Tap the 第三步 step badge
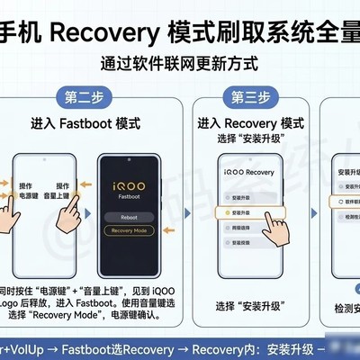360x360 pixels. (x=249, y=96)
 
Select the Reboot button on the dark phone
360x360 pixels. (x=129, y=217)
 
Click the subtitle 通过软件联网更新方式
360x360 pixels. (x=179, y=64)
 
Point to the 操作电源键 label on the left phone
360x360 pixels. (x=34, y=188)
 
